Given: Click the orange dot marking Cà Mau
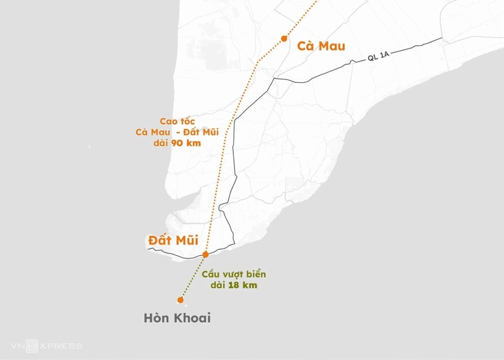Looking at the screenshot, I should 284,39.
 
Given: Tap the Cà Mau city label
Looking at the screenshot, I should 321,46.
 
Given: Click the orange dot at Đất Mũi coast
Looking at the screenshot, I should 205,254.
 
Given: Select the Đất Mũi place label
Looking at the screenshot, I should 173,240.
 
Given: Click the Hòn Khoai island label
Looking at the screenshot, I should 177,319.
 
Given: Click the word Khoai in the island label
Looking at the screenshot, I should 192,319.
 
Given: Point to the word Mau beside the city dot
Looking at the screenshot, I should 332,46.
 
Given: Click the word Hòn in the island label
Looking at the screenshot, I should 157,319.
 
